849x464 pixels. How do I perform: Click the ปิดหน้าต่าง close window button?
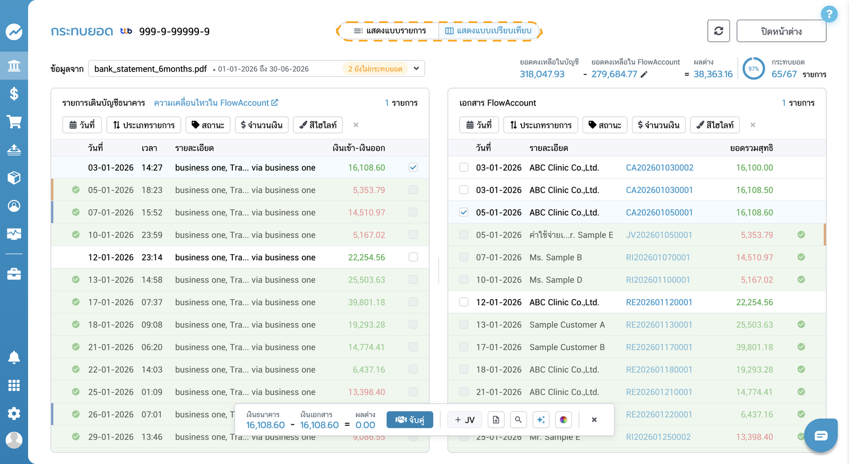tap(781, 31)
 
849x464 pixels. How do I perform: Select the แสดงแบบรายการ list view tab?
tap(389, 31)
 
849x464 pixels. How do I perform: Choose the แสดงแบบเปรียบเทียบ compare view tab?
tap(488, 31)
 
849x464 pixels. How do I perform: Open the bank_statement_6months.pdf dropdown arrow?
tap(416, 68)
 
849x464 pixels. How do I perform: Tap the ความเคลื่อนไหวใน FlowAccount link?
tap(216, 103)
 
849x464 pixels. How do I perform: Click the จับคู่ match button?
tap(410, 419)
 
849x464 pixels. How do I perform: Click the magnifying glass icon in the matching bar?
tap(518, 419)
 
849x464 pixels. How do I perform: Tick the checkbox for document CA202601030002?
tap(464, 168)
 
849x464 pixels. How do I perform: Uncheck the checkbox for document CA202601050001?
tap(464, 212)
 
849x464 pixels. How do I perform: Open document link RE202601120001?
tap(659, 302)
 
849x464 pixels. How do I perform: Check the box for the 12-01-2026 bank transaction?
tap(413, 257)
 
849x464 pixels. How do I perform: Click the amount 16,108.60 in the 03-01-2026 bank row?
tap(367, 168)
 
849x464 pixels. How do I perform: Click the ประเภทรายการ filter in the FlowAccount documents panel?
tap(541, 125)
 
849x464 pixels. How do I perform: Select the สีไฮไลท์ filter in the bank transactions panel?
tap(318, 125)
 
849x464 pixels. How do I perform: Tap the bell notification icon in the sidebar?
tap(14, 357)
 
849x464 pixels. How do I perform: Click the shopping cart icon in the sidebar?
tap(14, 122)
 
